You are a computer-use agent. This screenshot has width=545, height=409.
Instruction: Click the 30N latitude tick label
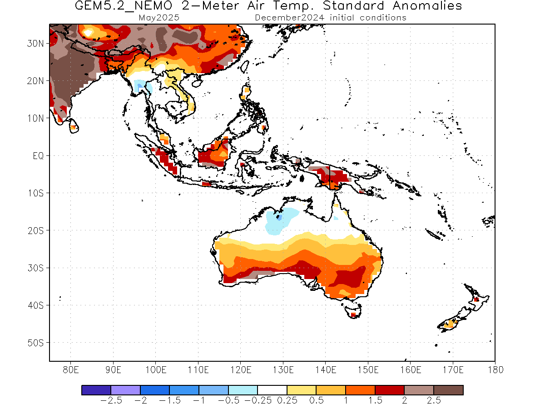coord(35,44)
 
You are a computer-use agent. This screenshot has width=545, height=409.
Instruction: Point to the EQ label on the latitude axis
coord(38,156)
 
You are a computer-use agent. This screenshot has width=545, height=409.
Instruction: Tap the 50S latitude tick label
coord(35,343)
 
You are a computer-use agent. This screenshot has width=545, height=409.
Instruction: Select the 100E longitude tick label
coord(156,370)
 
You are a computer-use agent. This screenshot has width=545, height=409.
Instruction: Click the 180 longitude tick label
coord(495,370)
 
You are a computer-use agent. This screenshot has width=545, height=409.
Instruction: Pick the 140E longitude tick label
coord(326,370)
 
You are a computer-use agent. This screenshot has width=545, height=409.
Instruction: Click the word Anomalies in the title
coord(427,5)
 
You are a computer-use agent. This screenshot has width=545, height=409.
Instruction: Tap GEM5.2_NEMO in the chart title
coord(124,6)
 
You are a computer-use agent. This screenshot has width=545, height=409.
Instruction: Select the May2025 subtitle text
coord(159,18)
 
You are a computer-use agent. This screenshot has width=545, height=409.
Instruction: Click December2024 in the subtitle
coord(289,18)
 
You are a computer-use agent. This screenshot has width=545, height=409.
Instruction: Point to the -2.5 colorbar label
coord(111,400)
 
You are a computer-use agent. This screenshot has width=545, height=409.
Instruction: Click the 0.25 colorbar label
coord(287,400)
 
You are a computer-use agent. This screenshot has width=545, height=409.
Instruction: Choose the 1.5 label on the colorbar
coord(375,400)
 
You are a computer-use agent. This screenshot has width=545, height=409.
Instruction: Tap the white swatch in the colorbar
coord(272,390)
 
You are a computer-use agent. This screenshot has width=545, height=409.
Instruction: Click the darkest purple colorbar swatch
coord(96,390)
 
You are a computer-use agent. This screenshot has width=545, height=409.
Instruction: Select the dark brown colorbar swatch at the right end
coord(448,390)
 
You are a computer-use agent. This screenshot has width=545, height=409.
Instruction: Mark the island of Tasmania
coord(353,312)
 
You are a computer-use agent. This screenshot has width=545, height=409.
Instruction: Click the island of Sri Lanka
coord(74,126)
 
